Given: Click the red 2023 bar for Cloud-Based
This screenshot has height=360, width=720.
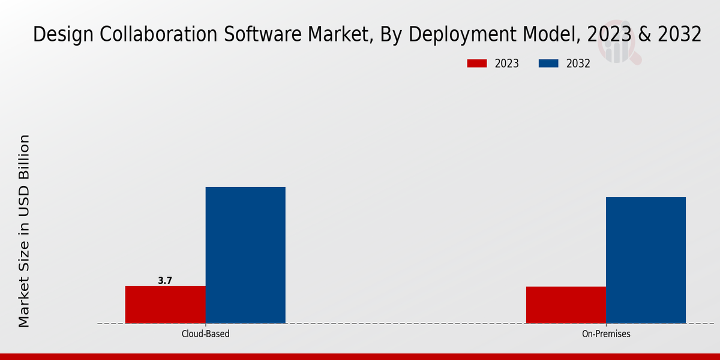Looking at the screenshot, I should point(165,305).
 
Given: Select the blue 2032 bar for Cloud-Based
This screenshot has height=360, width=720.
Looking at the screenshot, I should point(245,255).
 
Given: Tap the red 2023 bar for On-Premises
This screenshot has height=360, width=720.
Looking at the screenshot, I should point(566,305).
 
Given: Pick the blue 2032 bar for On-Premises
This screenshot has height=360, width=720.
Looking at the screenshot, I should point(646,260).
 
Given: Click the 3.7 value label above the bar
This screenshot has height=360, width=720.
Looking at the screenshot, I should point(165,280).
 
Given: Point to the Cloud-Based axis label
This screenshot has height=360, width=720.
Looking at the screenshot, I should point(205,334).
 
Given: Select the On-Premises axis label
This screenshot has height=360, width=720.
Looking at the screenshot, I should point(606,334).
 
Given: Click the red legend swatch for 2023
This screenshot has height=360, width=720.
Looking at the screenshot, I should point(477,64).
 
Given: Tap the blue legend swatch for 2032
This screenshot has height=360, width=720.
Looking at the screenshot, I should point(548,64).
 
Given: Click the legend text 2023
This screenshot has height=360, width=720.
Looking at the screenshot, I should point(506,64).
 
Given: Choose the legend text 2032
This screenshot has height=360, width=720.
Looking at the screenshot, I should point(578,64).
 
